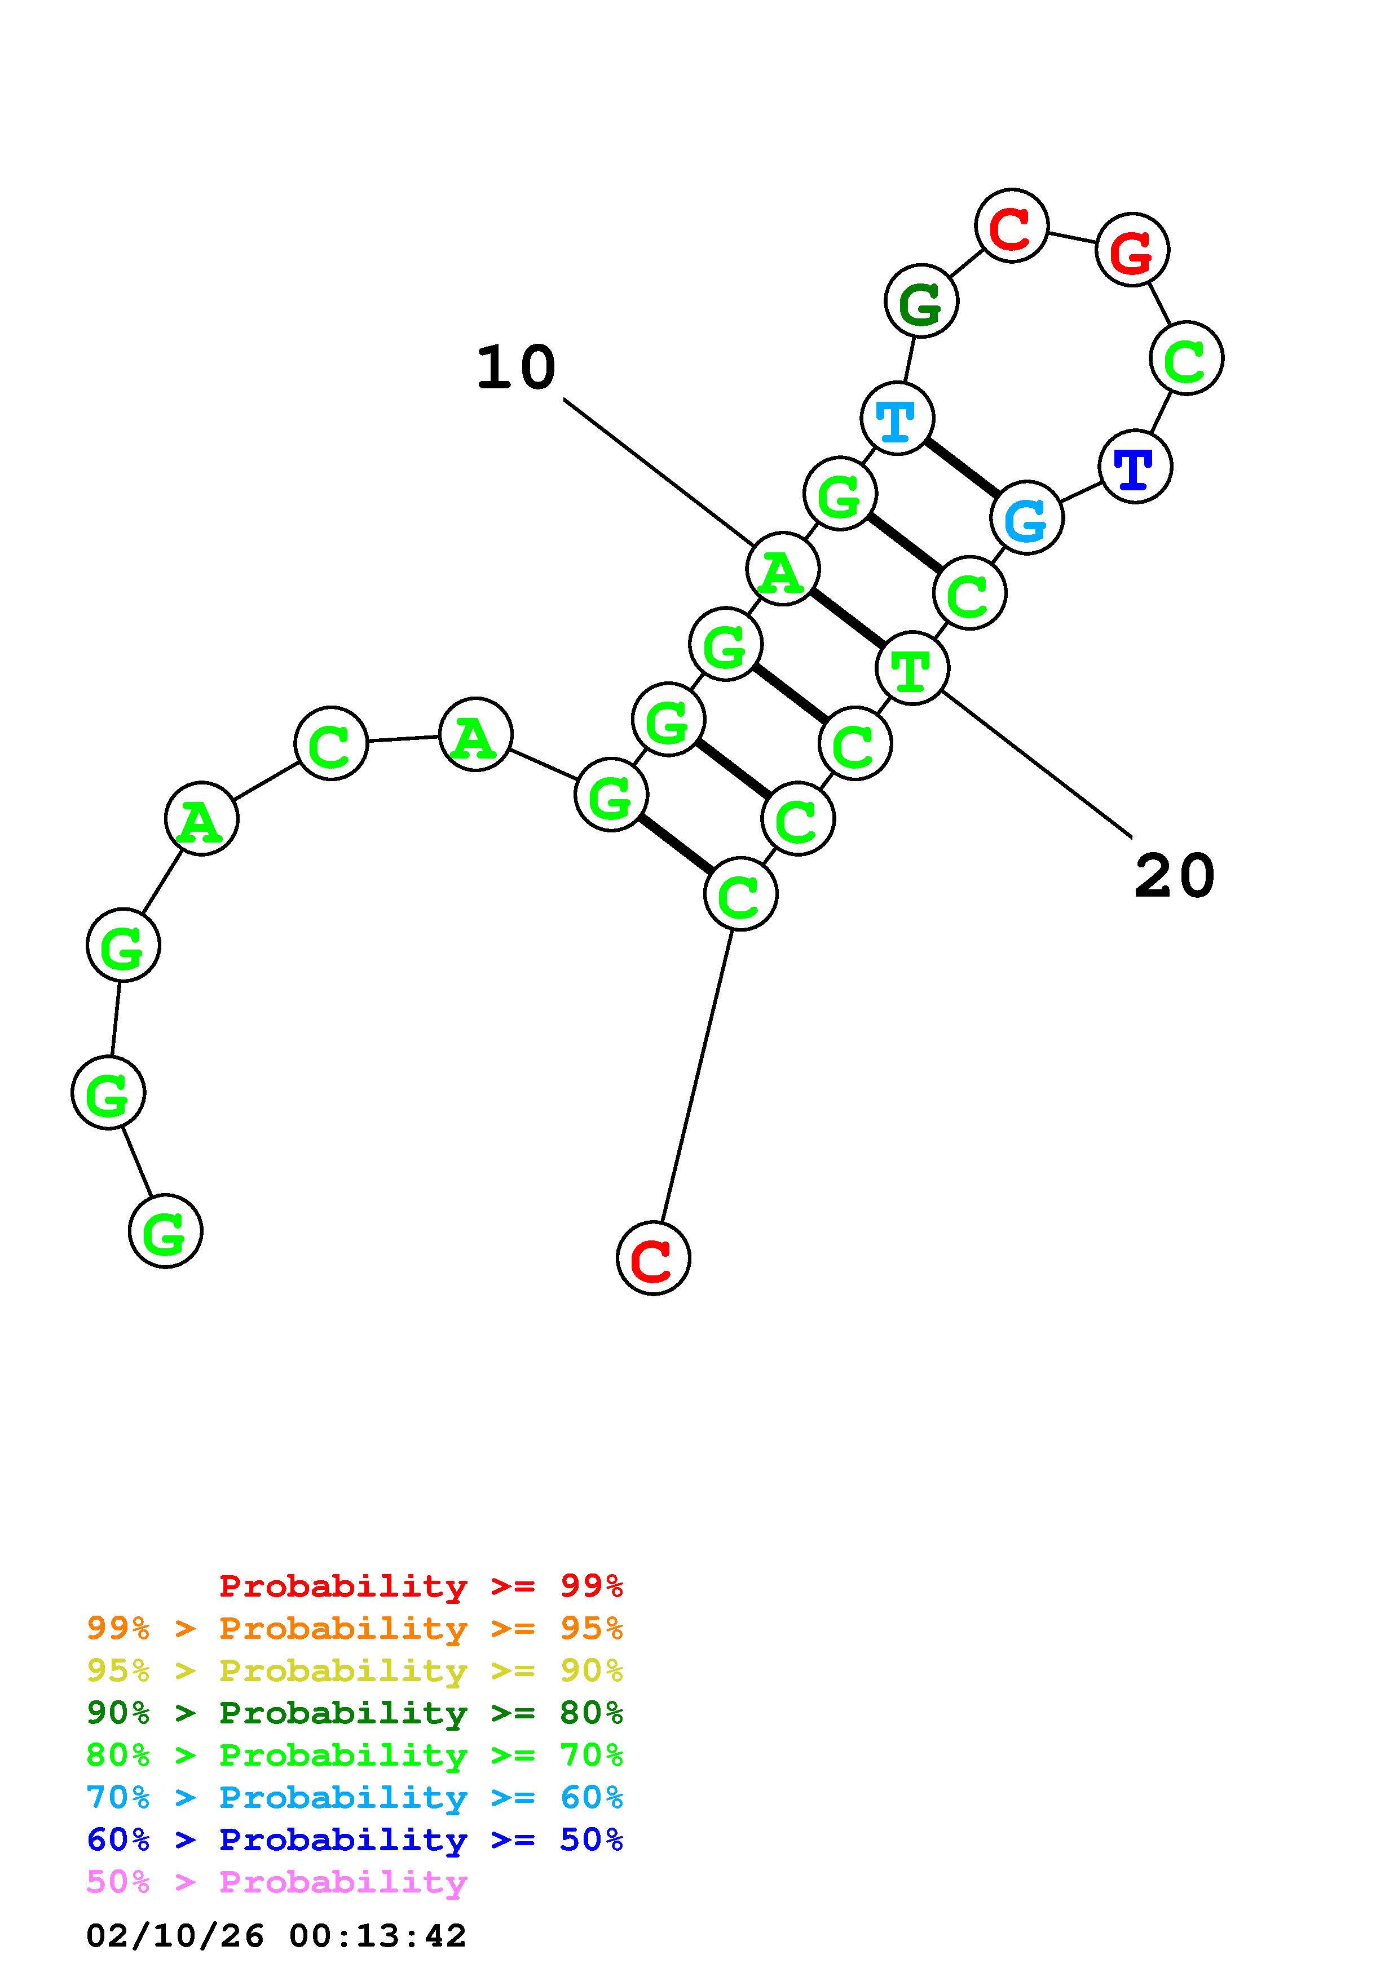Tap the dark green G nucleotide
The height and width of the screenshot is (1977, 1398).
pyautogui.click(x=921, y=302)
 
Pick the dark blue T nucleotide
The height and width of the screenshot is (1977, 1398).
pyautogui.click(x=1135, y=467)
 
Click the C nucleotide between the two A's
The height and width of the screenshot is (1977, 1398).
pyautogui.click(x=331, y=743)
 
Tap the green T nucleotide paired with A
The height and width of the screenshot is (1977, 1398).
pyautogui.click(x=912, y=668)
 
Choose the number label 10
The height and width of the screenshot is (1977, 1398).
pyautogui.click(x=516, y=367)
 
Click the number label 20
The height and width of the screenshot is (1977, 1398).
pyautogui.click(x=1174, y=876)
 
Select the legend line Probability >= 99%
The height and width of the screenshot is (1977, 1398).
pyautogui.click(x=420, y=1586)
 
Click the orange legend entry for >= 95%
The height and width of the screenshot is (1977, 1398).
pyautogui.click(x=355, y=1628)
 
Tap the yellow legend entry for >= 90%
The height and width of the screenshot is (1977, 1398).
pyautogui.click(x=355, y=1670)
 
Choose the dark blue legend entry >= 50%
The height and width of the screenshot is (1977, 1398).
pyautogui.click(x=355, y=1840)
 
